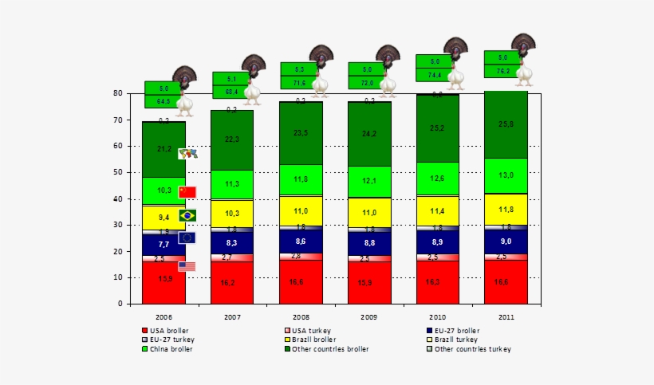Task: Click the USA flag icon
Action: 187,266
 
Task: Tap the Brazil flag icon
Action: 187,215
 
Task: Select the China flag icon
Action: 187,192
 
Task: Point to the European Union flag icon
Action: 187,238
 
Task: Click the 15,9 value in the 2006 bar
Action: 163,279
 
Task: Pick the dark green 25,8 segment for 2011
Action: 506,124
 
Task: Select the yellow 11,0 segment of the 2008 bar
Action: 300,211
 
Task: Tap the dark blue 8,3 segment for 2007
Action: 232,242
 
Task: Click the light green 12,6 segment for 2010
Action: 437,179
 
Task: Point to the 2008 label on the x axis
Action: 301,316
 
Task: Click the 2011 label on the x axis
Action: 506,316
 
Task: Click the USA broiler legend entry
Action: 171,330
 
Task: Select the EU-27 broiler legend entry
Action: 456,330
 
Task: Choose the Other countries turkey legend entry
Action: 472,349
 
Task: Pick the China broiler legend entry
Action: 171,349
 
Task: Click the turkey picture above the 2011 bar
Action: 523,45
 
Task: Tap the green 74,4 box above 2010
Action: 435,75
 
